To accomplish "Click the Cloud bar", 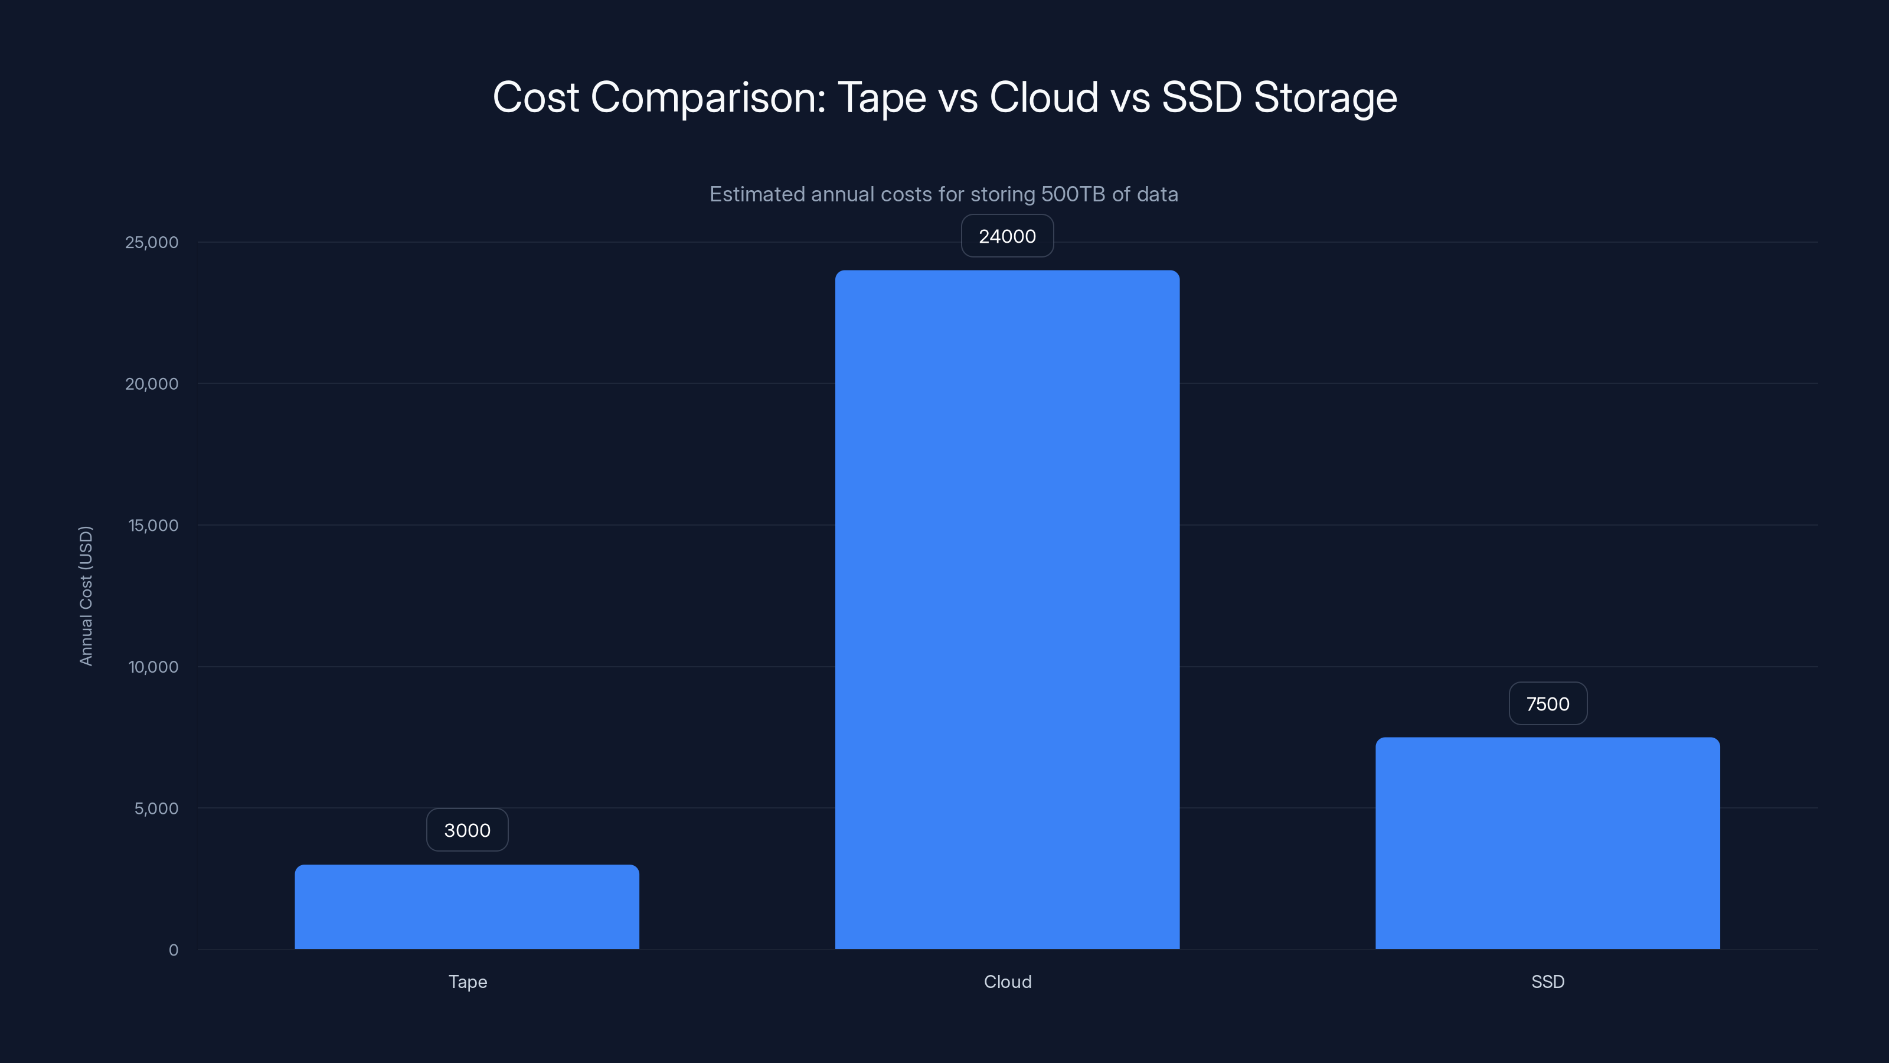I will (1007, 609).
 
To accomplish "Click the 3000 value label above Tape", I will (467, 830).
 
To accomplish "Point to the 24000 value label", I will (1007, 236).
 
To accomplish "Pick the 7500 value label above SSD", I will (1547, 703).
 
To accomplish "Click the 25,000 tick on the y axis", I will (152, 242).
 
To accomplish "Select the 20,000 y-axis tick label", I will (152, 384).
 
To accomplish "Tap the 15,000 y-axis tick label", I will (153, 525).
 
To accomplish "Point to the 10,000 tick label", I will (153, 667).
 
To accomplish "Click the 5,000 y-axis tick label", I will (156, 808).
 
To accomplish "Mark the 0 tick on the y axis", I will (174, 950).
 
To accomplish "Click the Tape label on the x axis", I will (467, 982).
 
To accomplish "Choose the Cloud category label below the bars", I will (1007, 982).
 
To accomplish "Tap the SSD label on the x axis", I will (1547, 982).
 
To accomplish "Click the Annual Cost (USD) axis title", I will (86, 596).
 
